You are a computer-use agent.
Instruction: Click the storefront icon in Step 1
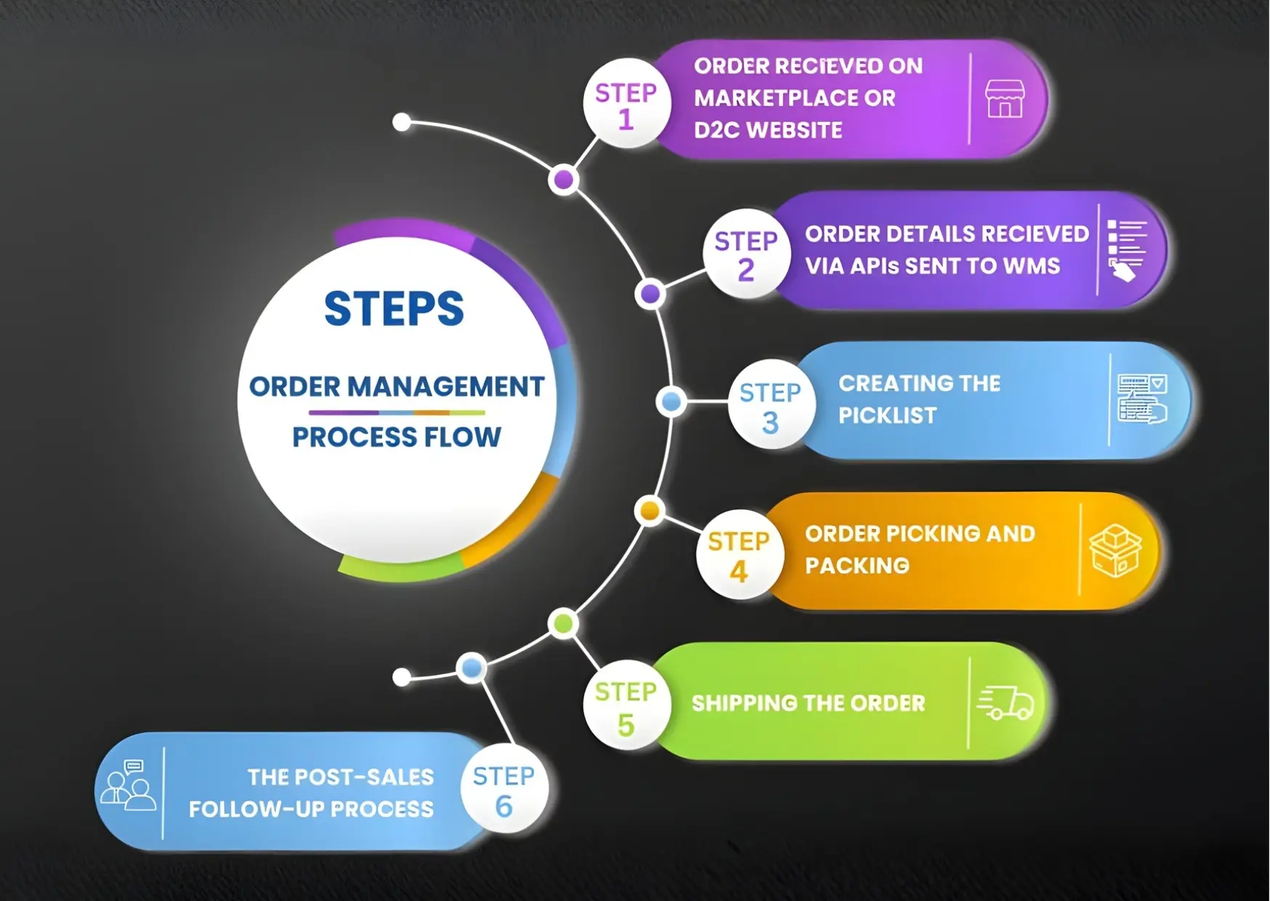(x=1005, y=99)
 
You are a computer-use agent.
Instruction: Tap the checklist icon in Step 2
(x=1125, y=251)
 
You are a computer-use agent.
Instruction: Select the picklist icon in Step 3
(x=1141, y=399)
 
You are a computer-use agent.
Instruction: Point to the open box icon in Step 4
(x=1115, y=551)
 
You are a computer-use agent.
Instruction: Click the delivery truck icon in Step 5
(x=1006, y=702)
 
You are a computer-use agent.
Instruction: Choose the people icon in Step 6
(x=128, y=786)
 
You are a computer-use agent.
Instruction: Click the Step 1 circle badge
(x=626, y=104)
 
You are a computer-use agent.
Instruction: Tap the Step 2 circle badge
(x=746, y=254)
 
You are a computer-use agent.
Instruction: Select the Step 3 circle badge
(x=770, y=405)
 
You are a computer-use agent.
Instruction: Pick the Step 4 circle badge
(x=739, y=555)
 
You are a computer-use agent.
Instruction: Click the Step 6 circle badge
(x=503, y=790)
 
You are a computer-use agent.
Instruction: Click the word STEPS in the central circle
(x=394, y=308)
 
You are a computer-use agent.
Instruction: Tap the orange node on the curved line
(x=650, y=511)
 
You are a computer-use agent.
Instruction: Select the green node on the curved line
(x=563, y=623)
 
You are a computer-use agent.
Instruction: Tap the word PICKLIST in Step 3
(x=887, y=416)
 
